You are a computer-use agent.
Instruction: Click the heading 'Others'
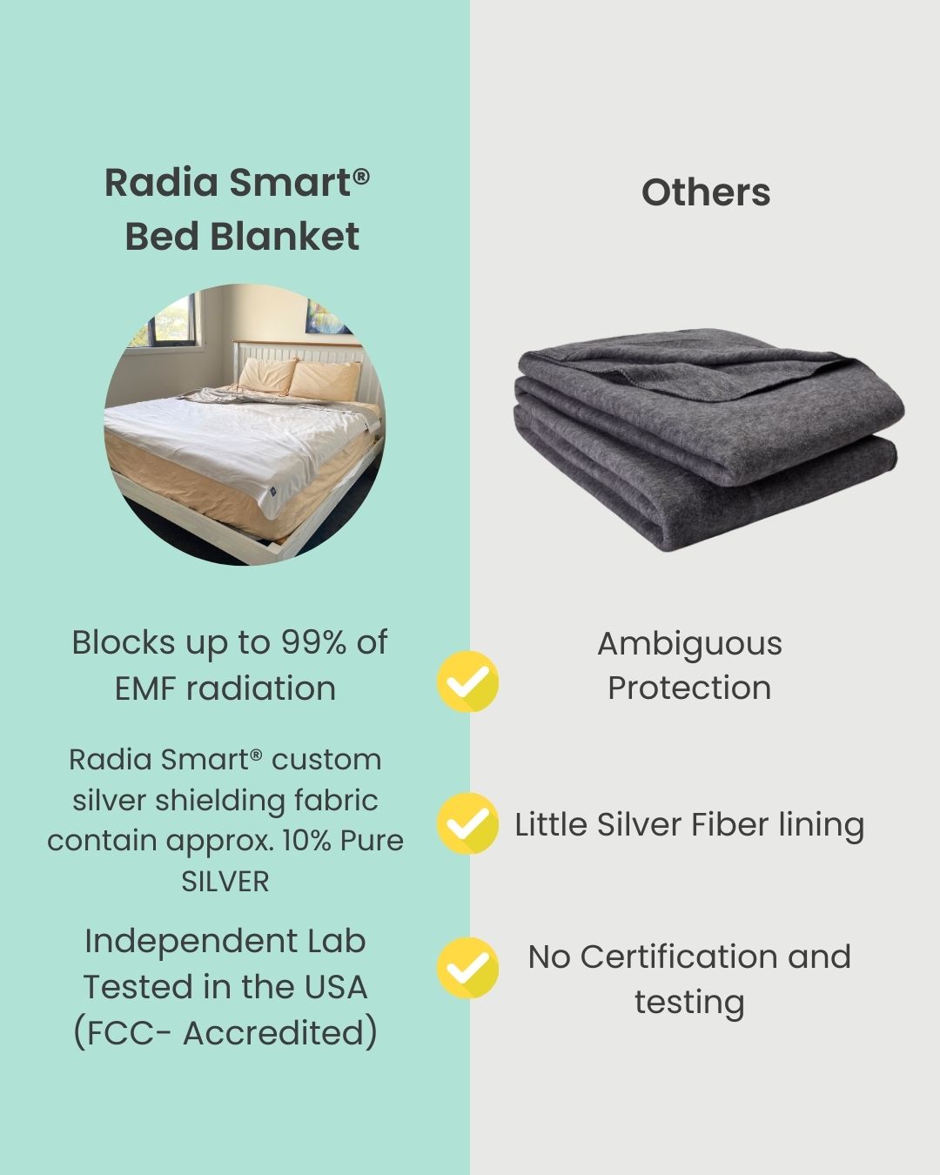[706, 192]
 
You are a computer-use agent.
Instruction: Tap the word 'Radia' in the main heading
[161, 183]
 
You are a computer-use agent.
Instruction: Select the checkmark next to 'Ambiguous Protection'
[468, 681]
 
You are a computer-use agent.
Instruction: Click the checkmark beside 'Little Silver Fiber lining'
[468, 823]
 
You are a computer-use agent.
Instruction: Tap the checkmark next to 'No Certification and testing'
[468, 968]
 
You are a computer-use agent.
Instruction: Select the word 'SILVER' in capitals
[225, 882]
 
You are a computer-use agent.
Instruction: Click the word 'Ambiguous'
[689, 644]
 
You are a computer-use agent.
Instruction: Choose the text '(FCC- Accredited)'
[225, 1033]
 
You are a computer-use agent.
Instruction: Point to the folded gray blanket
[709, 444]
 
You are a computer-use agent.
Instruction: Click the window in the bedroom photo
[161, 326]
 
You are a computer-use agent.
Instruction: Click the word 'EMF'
[144, 688]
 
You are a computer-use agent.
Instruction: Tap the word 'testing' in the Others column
[689, 1002]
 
